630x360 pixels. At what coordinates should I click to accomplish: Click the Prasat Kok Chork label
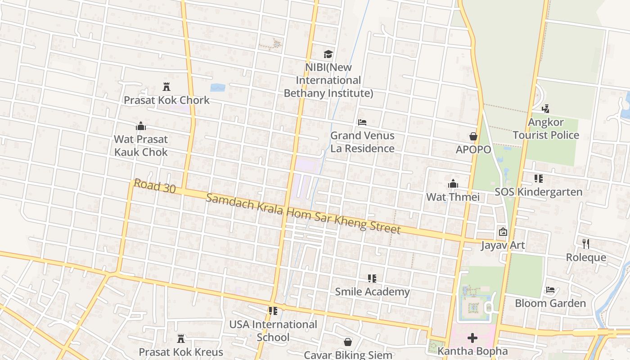point(166,100)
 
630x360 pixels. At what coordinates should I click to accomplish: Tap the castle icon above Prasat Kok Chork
point(166,87)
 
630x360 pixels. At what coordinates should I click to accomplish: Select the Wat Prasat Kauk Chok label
point(141,145)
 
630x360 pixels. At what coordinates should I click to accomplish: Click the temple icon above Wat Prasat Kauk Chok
point(141,126)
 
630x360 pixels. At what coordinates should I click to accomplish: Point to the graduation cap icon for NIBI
point(328,54)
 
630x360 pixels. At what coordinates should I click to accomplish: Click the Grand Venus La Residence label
point(362,142)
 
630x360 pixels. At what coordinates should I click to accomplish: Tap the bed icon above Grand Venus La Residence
point(362,122)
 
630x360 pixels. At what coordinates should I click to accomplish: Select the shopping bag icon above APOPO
point(473,136)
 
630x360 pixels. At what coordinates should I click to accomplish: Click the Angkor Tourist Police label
point(545,129)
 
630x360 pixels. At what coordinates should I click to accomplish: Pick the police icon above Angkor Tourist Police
point(545,109)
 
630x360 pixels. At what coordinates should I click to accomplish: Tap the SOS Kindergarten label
point(538,192)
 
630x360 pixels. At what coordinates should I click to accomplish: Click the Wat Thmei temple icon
point(453,184)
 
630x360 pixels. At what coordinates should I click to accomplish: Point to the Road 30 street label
point(154,186)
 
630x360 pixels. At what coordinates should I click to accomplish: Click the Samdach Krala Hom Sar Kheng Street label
point(303,214)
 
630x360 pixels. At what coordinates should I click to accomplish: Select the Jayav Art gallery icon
point(503,232)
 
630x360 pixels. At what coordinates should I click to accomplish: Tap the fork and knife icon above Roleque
point(585,244)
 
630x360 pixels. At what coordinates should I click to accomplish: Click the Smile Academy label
point(372,292)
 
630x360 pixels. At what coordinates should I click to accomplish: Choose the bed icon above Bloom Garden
point(550,290)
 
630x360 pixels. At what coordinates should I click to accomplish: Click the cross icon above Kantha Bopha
point(472,338)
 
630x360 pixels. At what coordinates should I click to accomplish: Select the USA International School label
point(273,331)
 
